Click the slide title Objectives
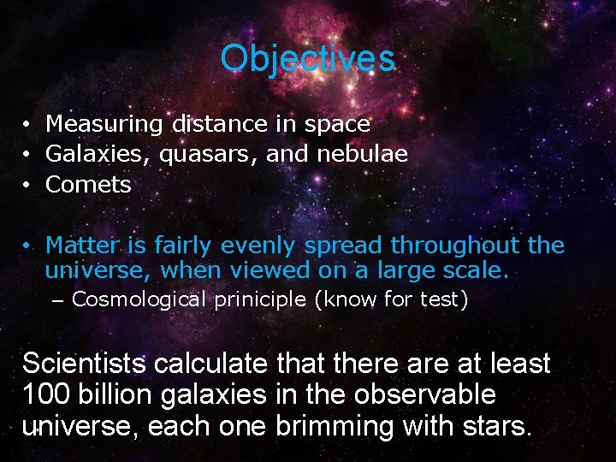point(307,59)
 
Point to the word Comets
point(88,185)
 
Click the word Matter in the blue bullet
point(83,246)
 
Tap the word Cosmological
point(139,299)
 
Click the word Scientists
point(84,364)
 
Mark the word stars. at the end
point(500,425)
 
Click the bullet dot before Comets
point(28,186)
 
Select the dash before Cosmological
point(58,300)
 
